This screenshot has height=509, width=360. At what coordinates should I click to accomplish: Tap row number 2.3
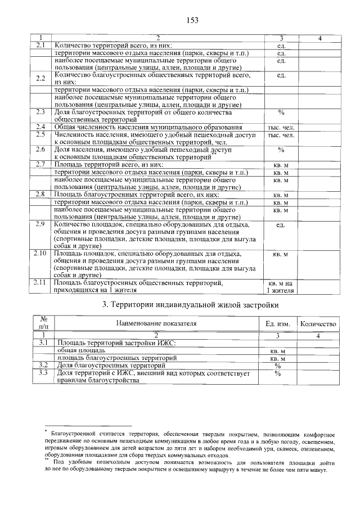40,112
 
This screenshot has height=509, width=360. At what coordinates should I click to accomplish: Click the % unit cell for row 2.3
281,112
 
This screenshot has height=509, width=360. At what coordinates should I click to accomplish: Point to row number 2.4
40,128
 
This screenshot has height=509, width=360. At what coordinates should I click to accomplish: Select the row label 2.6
40,150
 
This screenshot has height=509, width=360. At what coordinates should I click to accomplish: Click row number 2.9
40,225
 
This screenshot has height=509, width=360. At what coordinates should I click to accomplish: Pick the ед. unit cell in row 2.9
281,225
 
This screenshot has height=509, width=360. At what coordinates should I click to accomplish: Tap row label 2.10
40,254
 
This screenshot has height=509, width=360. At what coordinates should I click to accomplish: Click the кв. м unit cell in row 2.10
281,254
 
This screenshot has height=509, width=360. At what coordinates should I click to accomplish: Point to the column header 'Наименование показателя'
156,324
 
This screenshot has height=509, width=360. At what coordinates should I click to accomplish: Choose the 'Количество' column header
318,324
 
